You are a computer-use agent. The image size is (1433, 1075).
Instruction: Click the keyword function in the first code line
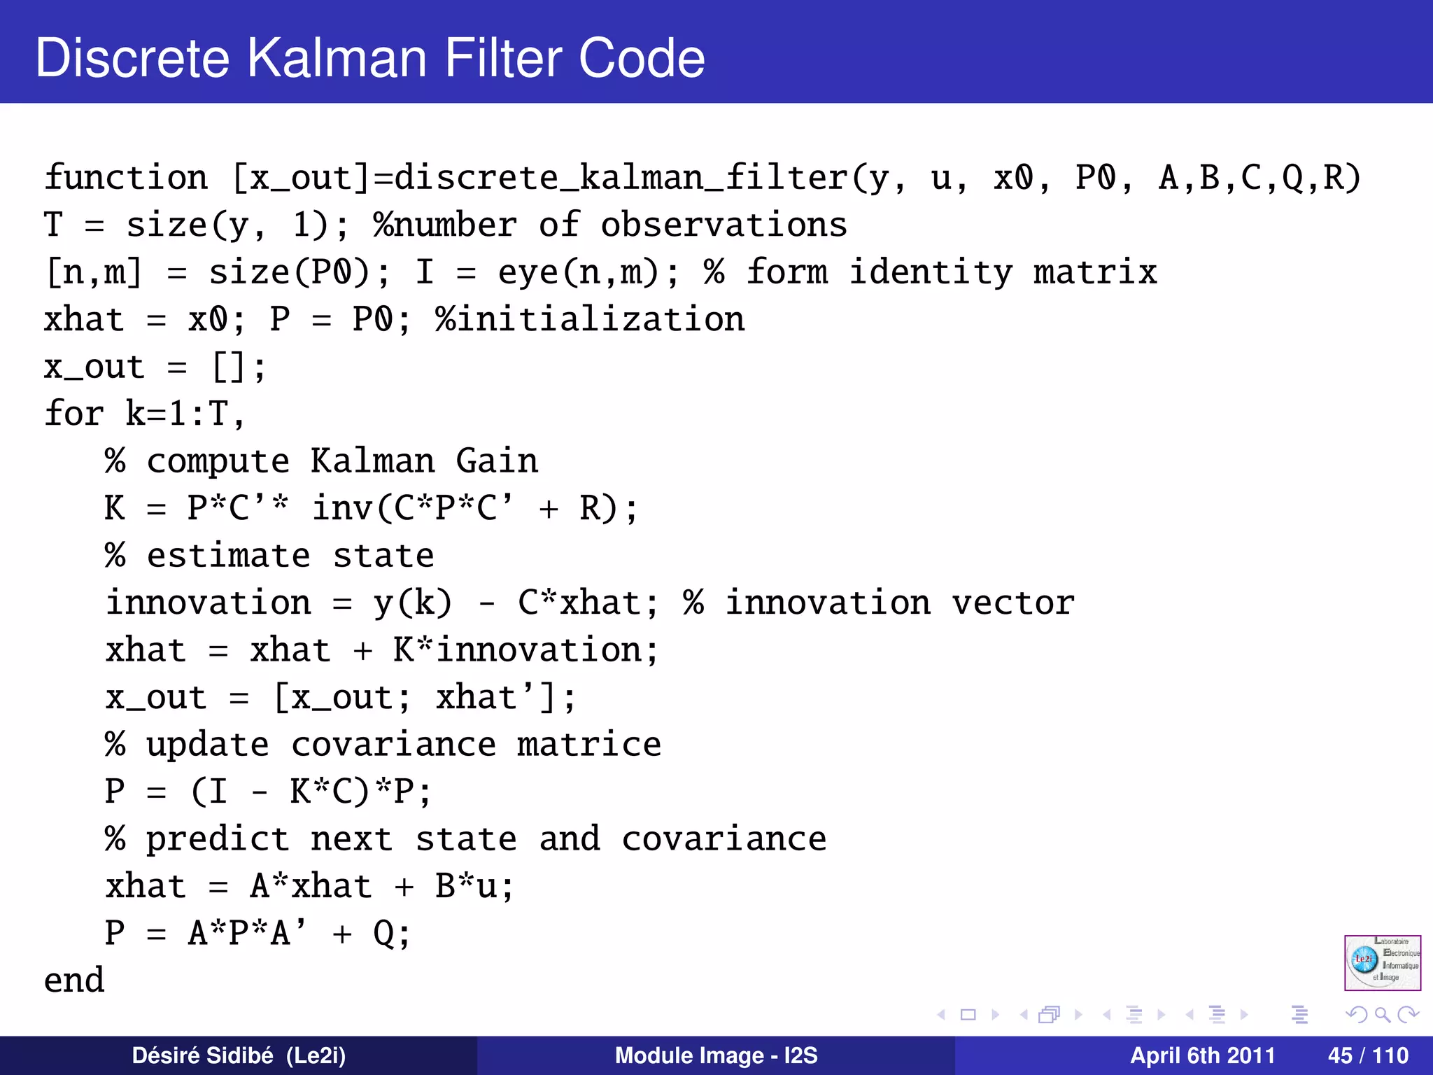pos(126,177)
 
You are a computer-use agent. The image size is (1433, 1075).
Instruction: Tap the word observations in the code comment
pos(723,225)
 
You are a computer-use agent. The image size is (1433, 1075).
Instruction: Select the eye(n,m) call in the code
pos(588,272)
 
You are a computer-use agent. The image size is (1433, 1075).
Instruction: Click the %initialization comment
pos(589,320)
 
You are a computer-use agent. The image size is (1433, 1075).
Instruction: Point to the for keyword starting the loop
pos(73,413)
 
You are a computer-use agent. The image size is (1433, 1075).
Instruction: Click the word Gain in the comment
pos(497,461)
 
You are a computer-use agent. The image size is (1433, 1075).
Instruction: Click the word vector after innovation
pos(1012,603)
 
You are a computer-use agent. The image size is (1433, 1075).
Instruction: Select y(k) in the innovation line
pos(413,603)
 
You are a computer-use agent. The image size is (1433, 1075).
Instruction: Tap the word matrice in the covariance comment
pos(589,744)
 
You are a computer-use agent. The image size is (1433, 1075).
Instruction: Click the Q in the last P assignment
pos(383,933)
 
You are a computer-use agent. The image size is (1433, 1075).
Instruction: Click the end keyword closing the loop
pos(74,980)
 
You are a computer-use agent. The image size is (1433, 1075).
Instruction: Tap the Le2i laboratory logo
pos(1382,962)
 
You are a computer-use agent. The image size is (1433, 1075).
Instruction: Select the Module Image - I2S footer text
pos(716,1055)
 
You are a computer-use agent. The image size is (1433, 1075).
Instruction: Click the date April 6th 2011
pos(1202,1055)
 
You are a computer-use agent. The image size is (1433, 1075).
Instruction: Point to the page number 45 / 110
pos(1367,1055)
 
